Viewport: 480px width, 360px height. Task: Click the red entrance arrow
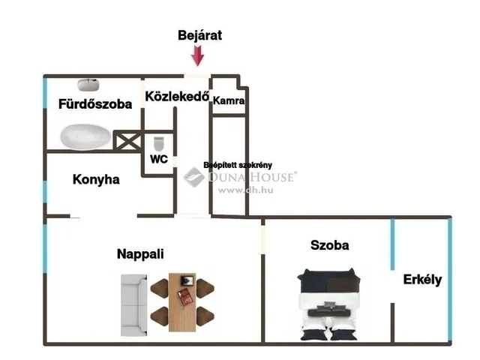click(198, 55)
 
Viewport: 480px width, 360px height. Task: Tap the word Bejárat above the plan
click(199, 35)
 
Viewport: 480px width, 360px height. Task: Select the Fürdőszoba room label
click(95, 104)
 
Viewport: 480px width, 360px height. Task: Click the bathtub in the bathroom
click(85, 136)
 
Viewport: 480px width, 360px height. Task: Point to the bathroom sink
click(85, 84)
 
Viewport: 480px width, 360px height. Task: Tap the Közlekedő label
click(176, 97)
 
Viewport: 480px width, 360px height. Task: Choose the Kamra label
click(229, 100)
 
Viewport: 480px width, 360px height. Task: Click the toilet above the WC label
click(158, 142)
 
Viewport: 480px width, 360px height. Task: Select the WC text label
click(159, 159)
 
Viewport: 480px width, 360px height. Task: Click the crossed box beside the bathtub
click(126, 140)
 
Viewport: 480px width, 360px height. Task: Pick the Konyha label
click(96, 180)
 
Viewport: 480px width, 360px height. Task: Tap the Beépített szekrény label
click(238, 165)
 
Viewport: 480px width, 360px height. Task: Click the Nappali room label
click(140, 253)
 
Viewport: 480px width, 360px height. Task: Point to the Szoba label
click(330, 245)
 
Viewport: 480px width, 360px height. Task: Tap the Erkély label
click(422, 280)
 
